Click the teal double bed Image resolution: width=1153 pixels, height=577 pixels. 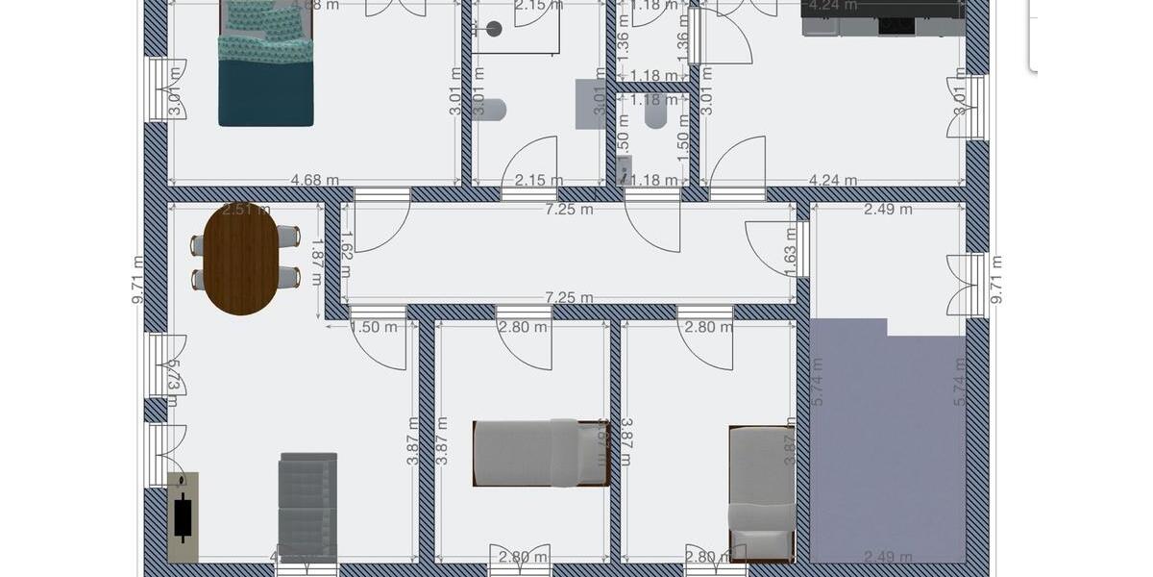tap(266, 67)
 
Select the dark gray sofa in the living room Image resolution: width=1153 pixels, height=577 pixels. tap(307, 507)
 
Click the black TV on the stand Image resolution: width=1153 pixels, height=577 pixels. tap(183, 517)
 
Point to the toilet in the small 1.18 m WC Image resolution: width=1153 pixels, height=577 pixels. tap(656, 113)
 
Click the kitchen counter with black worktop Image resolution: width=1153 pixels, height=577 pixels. tap(882, 17)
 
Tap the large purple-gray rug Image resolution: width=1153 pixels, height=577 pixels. tap(887, 442)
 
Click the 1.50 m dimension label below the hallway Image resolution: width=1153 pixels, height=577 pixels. tap(374, 327)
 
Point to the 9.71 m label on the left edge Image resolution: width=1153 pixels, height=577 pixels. tap(138, 280)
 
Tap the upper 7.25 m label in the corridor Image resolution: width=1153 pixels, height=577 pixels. tap(569, 209)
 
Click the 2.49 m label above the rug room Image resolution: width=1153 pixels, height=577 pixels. tap(888, 209)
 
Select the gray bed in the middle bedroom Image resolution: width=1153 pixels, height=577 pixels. tap(541, 452)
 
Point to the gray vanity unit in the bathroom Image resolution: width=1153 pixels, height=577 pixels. tap(589, 104)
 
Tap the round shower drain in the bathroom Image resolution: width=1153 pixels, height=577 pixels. tap(494, 29)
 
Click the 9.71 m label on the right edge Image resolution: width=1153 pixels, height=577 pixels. tap(996, 280)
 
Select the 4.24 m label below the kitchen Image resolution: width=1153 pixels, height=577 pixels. tap(833, 180)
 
